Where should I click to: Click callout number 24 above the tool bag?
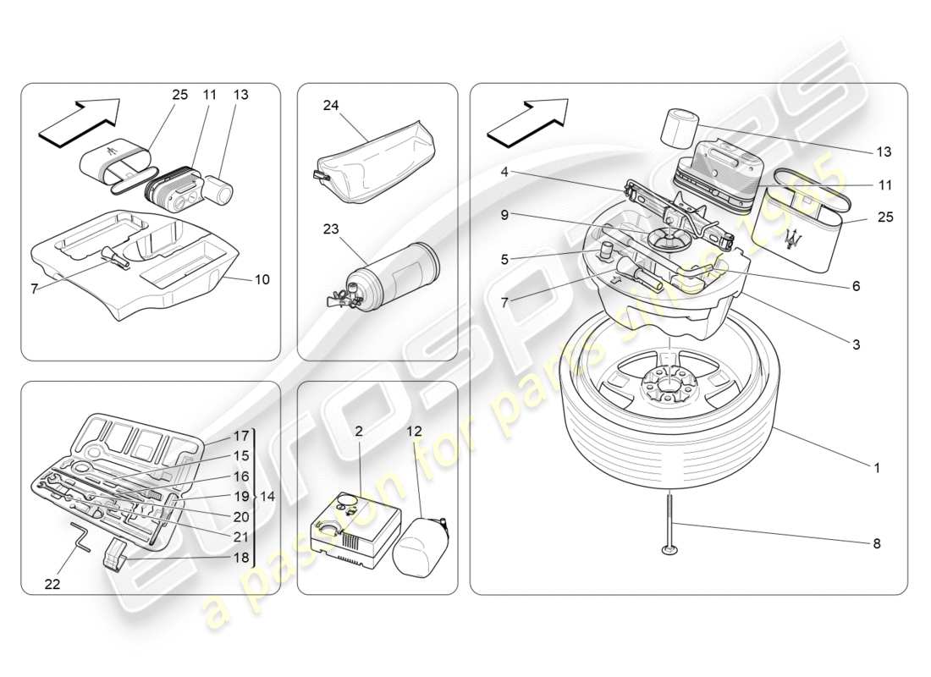(x=330, y=106)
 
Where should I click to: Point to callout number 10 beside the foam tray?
(x=262, y=279)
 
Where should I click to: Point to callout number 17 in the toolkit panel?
(x=241, y=437)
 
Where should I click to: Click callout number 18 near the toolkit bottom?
(x=241, y=558)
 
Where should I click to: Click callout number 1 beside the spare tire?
(x=877, y=467)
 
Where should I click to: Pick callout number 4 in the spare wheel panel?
(x=504, y=172)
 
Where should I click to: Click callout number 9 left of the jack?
(x=504, y=215)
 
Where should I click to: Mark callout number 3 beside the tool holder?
(x=856, y=344)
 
